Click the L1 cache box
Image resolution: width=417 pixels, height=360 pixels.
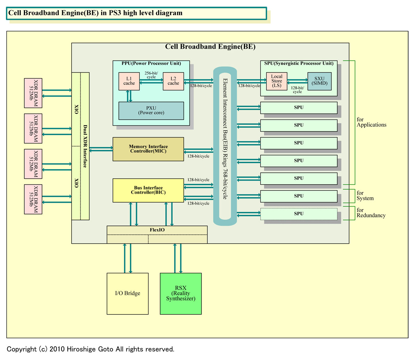129,81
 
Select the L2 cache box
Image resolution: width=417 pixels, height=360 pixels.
173,81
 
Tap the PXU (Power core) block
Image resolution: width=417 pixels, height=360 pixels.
151,110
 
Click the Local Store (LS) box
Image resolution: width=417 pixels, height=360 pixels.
277,81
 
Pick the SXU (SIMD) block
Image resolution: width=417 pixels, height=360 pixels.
319,81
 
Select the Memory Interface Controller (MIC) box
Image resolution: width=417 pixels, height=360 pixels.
148,149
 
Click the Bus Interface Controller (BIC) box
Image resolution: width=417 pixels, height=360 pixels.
148,190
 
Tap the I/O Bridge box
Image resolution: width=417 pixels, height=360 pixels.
128,293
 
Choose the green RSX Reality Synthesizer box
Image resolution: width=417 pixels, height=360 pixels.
181,293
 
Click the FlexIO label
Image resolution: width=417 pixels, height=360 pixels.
157,230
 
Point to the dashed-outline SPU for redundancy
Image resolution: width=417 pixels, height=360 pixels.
299,214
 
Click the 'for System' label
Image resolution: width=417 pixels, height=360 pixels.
365,196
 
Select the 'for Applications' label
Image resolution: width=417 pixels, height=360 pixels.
371,122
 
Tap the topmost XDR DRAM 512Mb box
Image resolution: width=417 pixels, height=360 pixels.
33,93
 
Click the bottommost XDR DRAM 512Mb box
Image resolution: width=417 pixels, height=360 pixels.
33,199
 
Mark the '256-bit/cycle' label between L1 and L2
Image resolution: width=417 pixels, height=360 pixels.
151,75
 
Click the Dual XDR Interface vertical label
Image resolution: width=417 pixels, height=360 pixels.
85,146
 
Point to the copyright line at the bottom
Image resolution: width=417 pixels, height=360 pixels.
90,349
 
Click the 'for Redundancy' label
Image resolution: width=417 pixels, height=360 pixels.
371,213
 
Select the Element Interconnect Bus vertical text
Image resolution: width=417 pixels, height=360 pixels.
225,139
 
